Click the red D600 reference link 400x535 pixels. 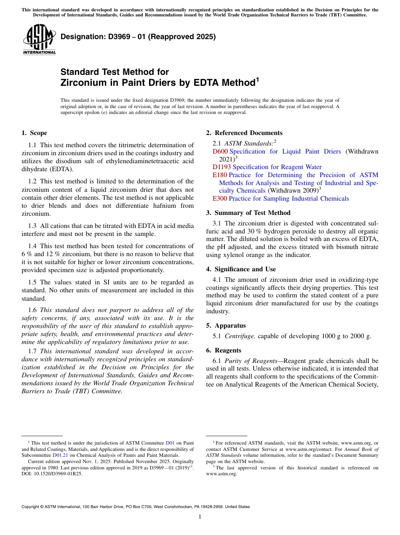coord(220,151)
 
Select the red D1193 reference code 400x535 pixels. coord(222,167)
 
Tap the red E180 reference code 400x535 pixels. coord(220,175)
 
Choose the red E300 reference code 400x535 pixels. coord(220,199)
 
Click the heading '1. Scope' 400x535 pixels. coord(34,133)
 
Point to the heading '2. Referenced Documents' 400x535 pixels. coord(244,133)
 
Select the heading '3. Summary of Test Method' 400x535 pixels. coord(248,213)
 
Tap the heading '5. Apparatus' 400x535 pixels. coord(226,326)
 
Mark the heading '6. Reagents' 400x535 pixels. coord(224,350)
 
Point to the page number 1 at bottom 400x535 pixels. coord(200,517)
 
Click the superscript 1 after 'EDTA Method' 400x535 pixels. coord(258,79)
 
